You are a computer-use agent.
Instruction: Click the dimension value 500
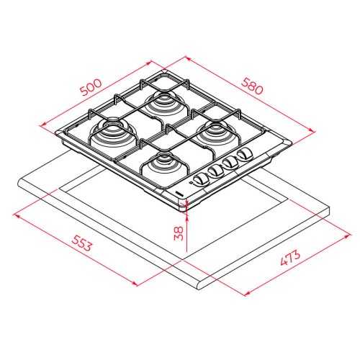[91, 87]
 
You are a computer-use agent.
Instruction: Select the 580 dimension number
[252, 86]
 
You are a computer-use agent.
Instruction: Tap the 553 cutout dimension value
[81, 243]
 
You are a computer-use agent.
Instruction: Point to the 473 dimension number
[290, 258]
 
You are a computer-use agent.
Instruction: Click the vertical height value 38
[179, 233]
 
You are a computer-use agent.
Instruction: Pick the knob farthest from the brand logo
[244, 153]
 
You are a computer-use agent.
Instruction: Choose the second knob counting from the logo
[215, 171]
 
